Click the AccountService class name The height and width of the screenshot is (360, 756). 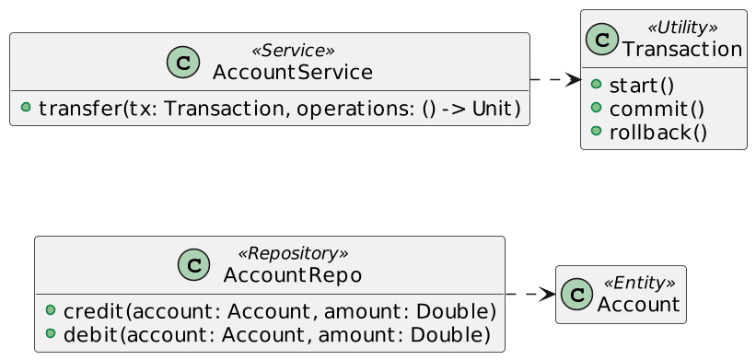pyautogui.click(x=292, y=73)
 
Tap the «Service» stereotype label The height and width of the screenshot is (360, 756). pyautogui.click(x=292, y=51)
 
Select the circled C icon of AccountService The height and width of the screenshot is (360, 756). pyautogui.click(x=183, y=62)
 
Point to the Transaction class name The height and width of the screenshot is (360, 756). pyautogui.click(x=681, y=50)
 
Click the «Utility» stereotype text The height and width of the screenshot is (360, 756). pyautogui.click(x=681, y=28)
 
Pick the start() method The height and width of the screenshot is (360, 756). pyautogui.click(x=641, y=87)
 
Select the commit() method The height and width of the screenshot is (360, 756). pyautogui.click(x=657, y=110)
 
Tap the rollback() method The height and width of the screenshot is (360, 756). pyautogui.click(x=658, y=133)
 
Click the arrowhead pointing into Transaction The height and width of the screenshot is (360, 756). pyautogui.click(x=574, y=80)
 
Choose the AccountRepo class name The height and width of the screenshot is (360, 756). pyautogui.click(x=293, y=276)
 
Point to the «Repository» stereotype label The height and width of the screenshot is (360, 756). pyautogui.click(x=293, y=254)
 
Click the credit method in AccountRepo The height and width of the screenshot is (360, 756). pyautogui.click(x=280, y=312)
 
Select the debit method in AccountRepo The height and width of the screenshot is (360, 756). pyautogui.click(x=277, y=335)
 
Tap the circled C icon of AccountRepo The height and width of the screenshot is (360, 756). pyautogui.click(x=193, y=265)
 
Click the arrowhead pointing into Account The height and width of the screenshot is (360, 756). pyautogui.click(x=548, y=295)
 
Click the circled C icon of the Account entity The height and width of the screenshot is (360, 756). pyautogui.click(x=576, y=294)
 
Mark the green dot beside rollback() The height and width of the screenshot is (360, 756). pyautogui.click(x=597, y=131)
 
